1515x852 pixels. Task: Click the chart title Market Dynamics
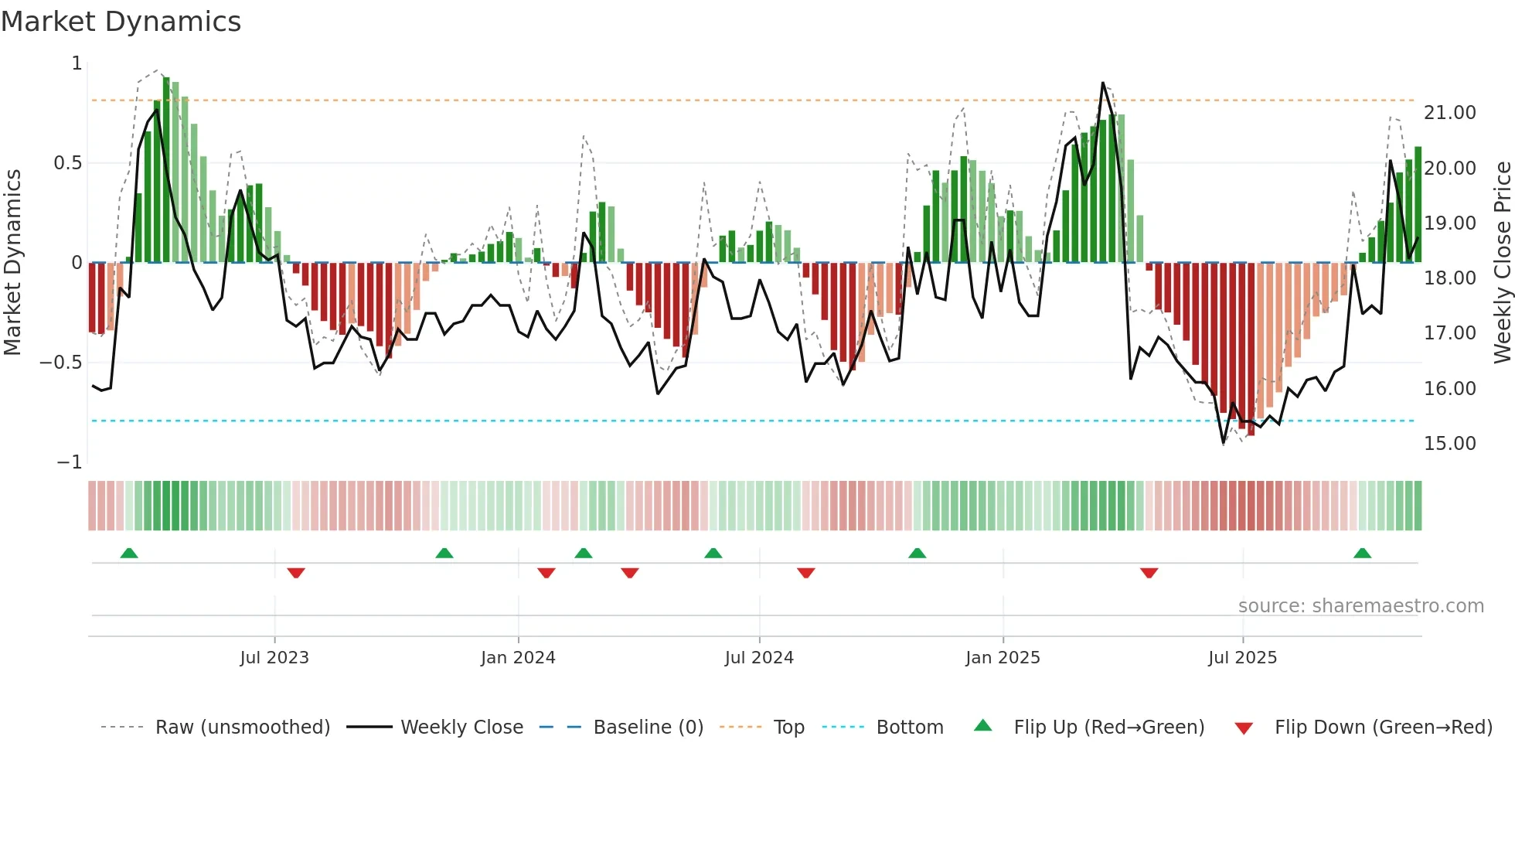[x=121, y=22]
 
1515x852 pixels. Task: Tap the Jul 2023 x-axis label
[x=274, y=658]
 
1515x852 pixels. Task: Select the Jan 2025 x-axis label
[x=1003, y=658]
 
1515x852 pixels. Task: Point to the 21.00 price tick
[x=1449, y=113]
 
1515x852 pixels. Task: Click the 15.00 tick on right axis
[x=1449, y=444]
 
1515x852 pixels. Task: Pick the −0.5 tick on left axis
[x=60, y=363]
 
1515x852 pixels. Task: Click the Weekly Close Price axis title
[x=1502, y=262]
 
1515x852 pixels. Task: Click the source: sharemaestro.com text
[x=1360, y=606]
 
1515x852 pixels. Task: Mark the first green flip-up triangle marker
[x=129, y=554]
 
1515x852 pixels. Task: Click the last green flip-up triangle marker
[x=1362, y=554]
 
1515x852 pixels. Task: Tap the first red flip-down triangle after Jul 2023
[x=296, y=573]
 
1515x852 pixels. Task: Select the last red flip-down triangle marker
[x=1149, y=573]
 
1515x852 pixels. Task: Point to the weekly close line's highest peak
[x=1102, y=83]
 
